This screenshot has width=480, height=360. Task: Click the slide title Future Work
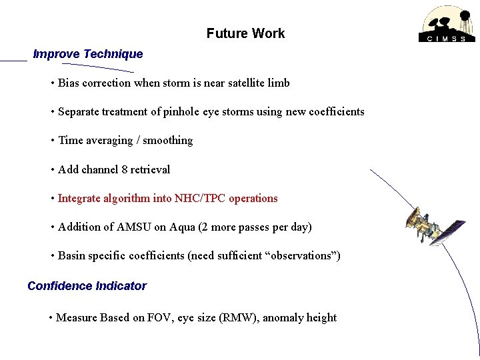coord(245,33)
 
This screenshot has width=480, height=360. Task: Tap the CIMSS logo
coord(447,25)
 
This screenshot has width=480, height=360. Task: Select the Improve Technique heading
coord(88,54)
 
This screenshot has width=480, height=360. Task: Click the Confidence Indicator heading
coord(87,286)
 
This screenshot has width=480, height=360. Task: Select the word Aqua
coord(182,227)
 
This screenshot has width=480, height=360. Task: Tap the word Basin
coord(73,255)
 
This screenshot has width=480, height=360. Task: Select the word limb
coord(279,83)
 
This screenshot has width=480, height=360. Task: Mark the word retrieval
coord(150,169)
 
